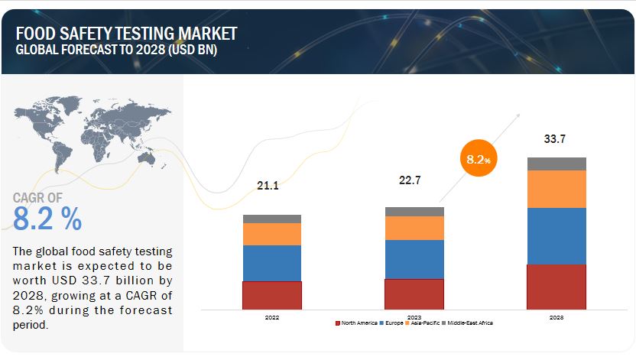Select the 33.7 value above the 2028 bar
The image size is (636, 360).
click(x=556, y=139)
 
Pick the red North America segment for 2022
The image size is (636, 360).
click(x=272, y=295)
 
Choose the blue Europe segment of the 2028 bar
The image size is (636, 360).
click(x=556, y=236)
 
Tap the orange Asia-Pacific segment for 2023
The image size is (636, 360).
click(x=414, y=228)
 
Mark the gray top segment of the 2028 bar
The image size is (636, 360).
click(x=556, y=164)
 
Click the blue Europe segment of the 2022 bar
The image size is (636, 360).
click(x=272, y=263)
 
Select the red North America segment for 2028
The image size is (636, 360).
click(x=556, y=287)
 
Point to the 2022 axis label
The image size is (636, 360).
click(x=272, y=316)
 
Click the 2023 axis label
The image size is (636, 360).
click(x=414, y=316)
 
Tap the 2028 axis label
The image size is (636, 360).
click(x=556, y=316)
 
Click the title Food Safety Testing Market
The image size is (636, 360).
click(x=125, y=33)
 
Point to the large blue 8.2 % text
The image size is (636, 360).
click(x=47, y=219)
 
